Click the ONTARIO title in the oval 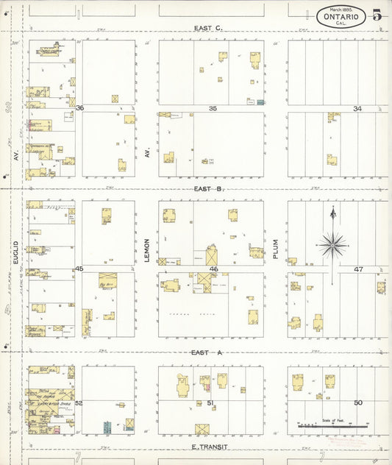341,15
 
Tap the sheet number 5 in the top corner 377,14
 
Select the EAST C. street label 208,28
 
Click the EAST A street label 208,352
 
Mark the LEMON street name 147,250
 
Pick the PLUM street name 276,247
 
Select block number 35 213,108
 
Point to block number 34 357,108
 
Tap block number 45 79,269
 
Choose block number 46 214,270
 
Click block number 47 358,269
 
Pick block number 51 210,402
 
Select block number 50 358,402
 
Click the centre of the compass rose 333,244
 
